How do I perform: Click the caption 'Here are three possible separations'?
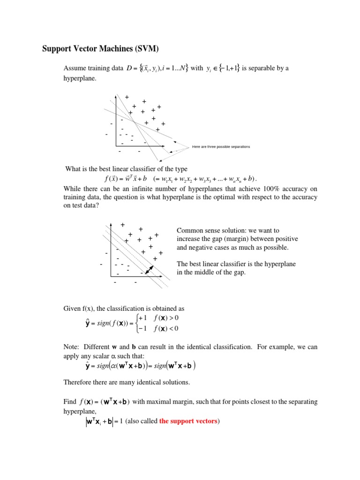(x=221, y=147)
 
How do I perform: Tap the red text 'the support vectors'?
(x=188, y=421)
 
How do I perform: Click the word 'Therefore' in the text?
(x=78, y=382)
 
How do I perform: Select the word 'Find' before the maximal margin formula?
(x=70, y=402)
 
